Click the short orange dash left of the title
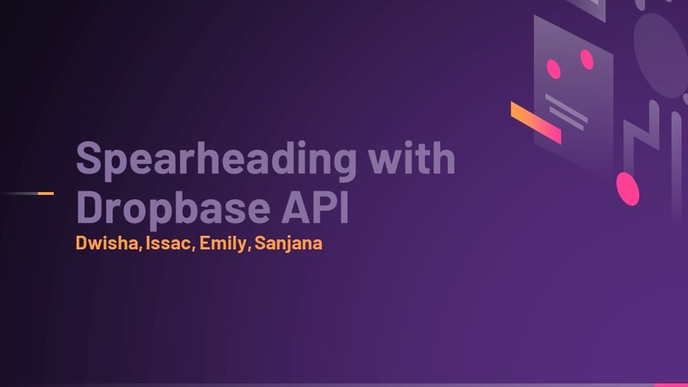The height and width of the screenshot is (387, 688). click(x=45, y=193)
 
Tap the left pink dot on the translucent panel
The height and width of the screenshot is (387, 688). click(x=553, y=68)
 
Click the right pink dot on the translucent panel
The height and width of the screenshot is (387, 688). click(x=586, y=59)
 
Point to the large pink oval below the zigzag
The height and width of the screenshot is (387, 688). click(x=628, y=189)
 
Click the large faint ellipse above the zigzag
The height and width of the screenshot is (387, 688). click(x=662, y=51)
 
